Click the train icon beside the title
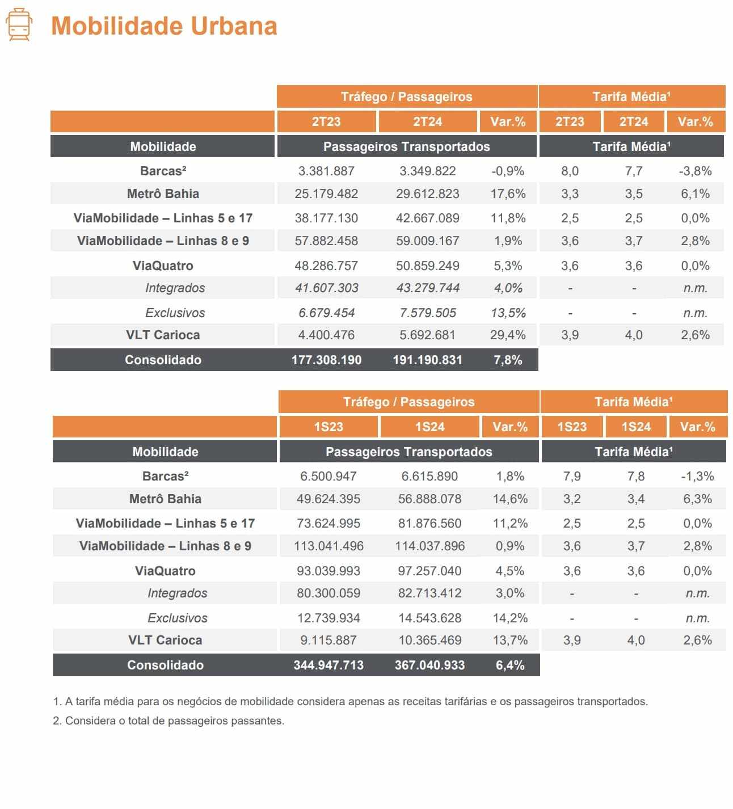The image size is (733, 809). coord(19,24)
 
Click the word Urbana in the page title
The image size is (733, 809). coord(234,26)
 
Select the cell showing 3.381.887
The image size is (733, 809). coord(326,171)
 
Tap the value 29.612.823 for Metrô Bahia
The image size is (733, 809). coord(427,193)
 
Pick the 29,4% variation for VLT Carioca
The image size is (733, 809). coord(508,335)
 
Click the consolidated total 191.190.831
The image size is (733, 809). coord(427,360)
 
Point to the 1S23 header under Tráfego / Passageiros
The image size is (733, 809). coord(328,427)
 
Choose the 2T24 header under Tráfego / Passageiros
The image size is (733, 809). coord(427,121)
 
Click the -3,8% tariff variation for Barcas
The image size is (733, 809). coord(695,171)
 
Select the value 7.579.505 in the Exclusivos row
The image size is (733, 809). coord(428,313)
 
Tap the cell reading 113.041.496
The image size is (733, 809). coord(328,546)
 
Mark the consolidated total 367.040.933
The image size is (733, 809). coord(429,665)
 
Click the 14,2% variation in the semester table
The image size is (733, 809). coord(510,618)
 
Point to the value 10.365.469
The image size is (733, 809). coord(429,640)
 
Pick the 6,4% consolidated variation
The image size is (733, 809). coord(510,665)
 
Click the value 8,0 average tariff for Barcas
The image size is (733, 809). coord(570,171)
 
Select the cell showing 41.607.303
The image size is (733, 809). coord(326,288)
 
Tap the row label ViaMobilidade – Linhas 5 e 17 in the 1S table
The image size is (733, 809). coord(166,523)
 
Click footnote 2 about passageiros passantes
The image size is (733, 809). coord(168,720)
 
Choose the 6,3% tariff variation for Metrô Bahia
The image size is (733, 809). coord(697,499)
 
